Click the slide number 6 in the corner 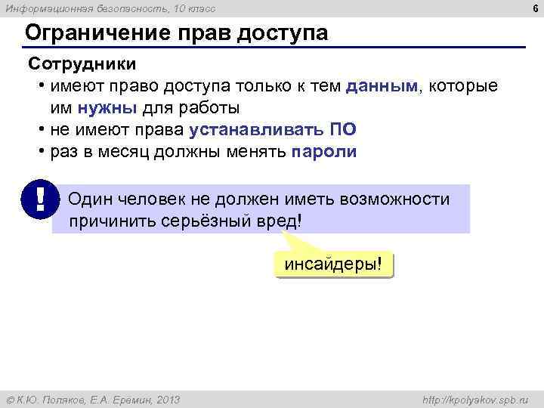tap(535, 8)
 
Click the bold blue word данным tap(382, 86)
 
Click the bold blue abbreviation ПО tap(343, 129)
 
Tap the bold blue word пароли tap(323, 151)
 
